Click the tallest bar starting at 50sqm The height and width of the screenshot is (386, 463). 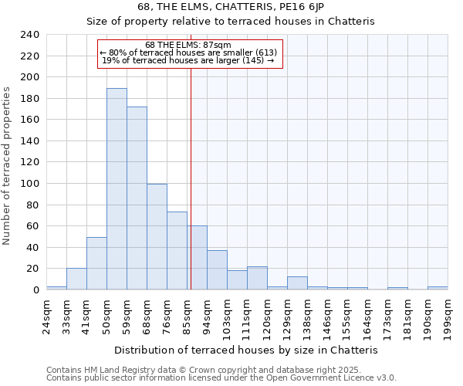[x=117, y=189]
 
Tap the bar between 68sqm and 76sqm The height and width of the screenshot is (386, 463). [x=157, y=237]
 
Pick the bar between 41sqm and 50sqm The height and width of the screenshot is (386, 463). [x=96, y=263]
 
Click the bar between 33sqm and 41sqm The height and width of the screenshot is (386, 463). [x=76, y=279]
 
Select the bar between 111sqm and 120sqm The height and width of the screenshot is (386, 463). [x=257, y=278]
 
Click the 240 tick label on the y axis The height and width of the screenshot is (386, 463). [x=29, y=35]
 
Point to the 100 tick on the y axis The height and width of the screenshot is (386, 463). [x=29, y=184]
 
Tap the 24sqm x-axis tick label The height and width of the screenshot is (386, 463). [x=46, y=315]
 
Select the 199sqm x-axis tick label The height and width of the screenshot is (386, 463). [x=448, y=315]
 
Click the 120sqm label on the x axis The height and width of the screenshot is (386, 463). [x=267, y=315]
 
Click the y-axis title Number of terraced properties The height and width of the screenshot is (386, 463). [x=8, y=165]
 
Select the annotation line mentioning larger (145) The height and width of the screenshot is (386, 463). [x=188, y=60]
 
